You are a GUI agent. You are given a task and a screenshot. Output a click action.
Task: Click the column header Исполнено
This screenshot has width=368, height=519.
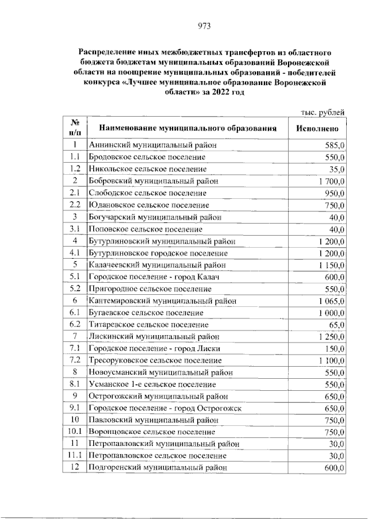tap(321, 128)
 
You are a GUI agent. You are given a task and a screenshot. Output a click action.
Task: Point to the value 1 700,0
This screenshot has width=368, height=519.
tap(329, 181)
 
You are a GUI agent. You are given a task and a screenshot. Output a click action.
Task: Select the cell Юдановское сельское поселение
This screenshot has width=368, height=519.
tap(149, 205)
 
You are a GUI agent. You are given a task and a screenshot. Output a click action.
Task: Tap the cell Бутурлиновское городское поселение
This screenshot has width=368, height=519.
tap(159, 253)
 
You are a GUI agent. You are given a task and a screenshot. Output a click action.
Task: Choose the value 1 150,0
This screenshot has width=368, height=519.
tap(329, 265)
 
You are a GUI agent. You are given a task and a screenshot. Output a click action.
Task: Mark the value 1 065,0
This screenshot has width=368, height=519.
tap(329, 301)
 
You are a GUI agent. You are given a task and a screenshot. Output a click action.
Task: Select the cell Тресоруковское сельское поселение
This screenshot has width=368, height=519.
tap(155, 360)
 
